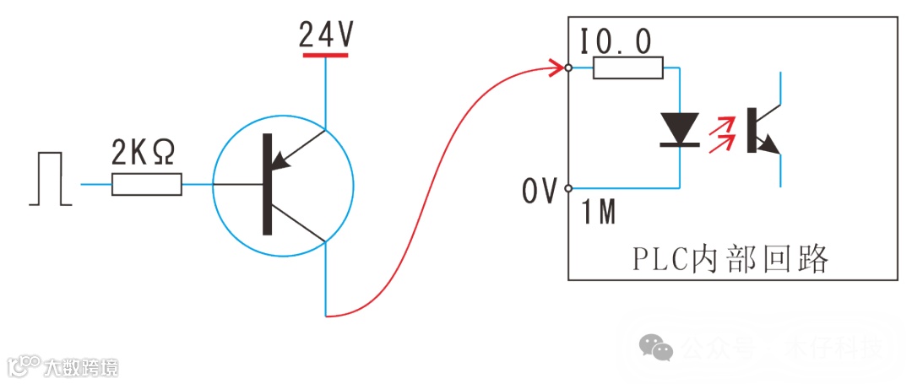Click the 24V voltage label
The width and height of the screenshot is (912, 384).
coord(326,35)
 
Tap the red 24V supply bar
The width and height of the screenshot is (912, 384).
coord(326,55)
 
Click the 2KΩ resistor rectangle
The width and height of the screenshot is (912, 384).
coord(147,184)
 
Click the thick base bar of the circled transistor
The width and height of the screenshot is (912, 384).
coord(267,184)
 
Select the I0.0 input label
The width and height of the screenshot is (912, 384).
coord(616,42)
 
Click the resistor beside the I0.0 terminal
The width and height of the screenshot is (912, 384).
coord(627,68)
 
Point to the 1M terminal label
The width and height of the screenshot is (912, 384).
coord(598,212)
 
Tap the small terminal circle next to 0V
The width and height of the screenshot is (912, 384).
coord(569,187)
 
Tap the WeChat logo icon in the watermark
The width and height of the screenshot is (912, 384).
coord(656,346)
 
